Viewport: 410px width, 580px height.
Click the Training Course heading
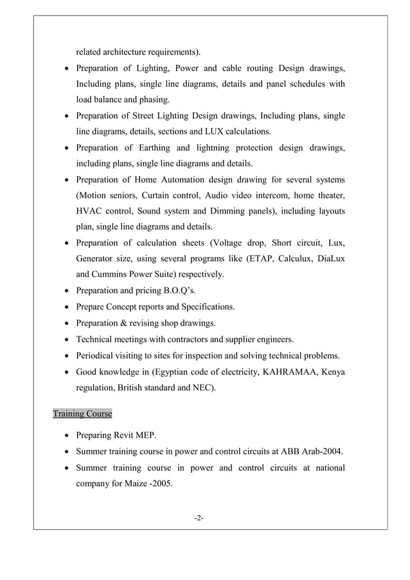click(82, 413)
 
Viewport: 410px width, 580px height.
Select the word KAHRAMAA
click(289, 371)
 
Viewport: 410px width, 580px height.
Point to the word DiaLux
click(326, 258)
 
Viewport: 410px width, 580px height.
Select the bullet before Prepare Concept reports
click(66, 307)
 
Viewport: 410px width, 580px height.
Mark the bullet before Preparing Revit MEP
click(66, 435)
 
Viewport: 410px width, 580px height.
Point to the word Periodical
click(98, 355)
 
